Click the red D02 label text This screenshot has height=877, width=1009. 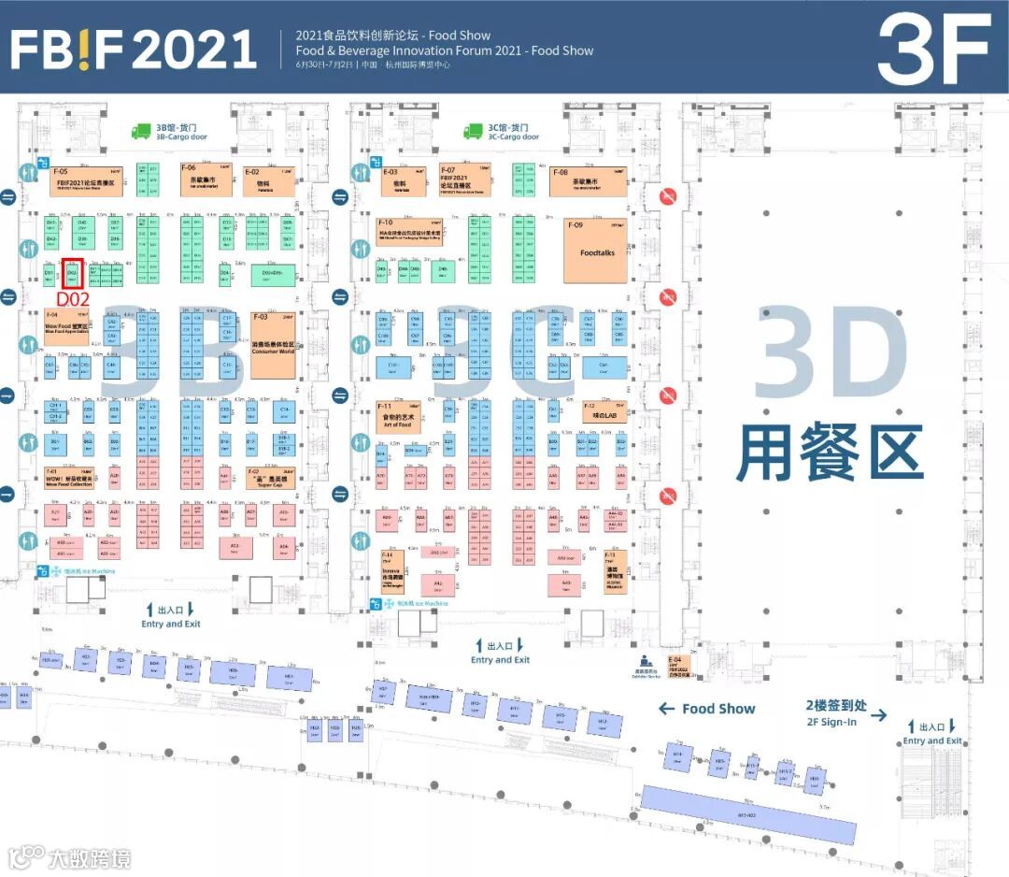[x=73, y=298]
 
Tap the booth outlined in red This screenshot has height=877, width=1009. [x=73, y=273]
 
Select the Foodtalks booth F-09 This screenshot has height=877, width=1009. [x=595, y=251]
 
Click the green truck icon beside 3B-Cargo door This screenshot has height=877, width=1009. [x=141, y=132]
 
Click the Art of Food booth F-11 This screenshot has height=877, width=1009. [x=396, y=417]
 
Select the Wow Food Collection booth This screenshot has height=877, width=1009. [x=69, y=479]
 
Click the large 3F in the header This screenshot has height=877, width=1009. [x=933, y=49]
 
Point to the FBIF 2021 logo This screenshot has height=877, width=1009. [x=133, y=49]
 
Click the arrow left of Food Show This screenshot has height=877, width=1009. [x=666, y=709]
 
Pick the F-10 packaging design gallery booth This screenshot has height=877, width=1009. [x=409, y=231]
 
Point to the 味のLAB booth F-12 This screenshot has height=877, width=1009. [x=602, y=410]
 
